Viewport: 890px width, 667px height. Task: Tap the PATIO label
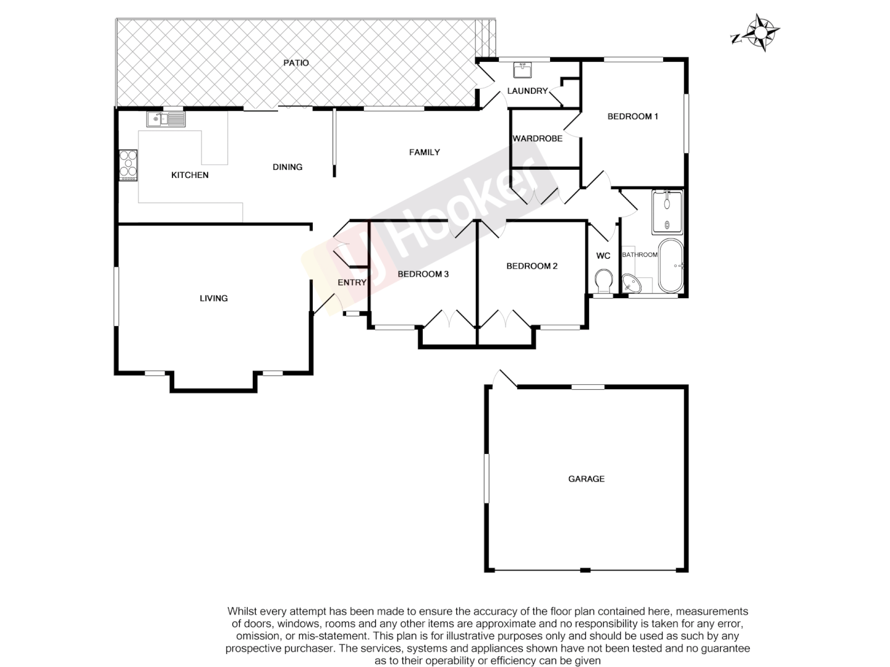tap(296, 63)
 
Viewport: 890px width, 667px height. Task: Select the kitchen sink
tap(166, 119)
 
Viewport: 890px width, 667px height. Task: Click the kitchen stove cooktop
tap(129, 165)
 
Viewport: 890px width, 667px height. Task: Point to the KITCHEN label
tap(190, 175)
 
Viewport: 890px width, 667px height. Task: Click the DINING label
tap(287, 167)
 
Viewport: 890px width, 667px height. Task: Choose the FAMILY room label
tap(425, 153)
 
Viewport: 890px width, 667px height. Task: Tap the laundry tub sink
tap(523, 70)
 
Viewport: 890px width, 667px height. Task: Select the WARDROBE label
tap(538, 139)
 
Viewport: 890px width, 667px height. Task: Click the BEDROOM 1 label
tap(633, 116)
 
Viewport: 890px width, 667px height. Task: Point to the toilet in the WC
tap(603, 282)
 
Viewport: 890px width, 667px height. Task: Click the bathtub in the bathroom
tap(670, 266)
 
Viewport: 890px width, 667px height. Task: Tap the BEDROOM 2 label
tap(532, 266)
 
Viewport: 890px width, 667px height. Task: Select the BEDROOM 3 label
tap(423, 274)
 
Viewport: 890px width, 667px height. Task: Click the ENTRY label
tap(352, 283)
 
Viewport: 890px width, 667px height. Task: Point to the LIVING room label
tap(214, 298)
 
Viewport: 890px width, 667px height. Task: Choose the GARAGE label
tap(587, 479)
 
